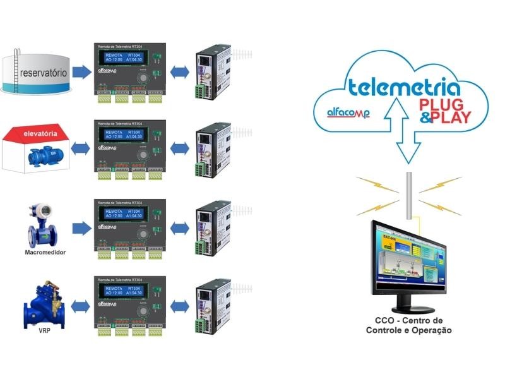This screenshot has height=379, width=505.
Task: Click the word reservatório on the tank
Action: pos(44,73)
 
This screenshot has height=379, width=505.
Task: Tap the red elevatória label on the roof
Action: pos(40,134)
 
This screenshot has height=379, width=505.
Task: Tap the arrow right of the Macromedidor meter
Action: pos(81,228)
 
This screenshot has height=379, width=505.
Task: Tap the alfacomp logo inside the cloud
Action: pos(347,112)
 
